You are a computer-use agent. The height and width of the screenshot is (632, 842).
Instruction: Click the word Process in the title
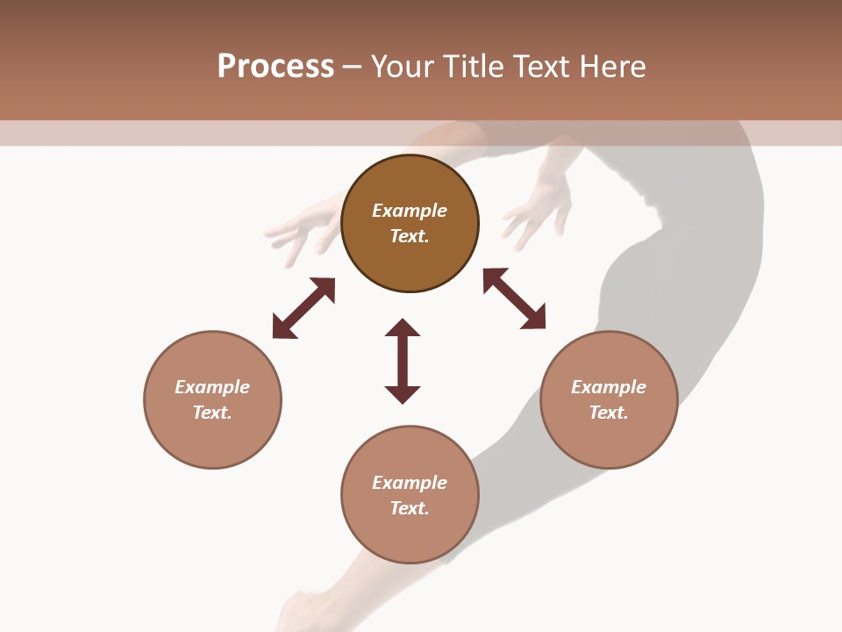[x=275, y=67]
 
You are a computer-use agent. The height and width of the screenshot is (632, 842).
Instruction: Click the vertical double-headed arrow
[x=403, y=361]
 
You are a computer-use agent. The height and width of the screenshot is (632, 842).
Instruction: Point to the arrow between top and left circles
[x=303, y=308]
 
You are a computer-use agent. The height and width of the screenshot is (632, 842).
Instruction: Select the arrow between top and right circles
[x=514, y=298]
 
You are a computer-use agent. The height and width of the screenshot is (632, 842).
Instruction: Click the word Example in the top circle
[x=410, y=211]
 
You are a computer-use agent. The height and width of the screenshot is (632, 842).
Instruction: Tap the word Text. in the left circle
[x=212, y=413]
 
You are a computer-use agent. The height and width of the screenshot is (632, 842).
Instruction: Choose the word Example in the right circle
[x=609, y=387]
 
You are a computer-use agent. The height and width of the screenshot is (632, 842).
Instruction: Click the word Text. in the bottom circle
[x=410, y=508]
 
